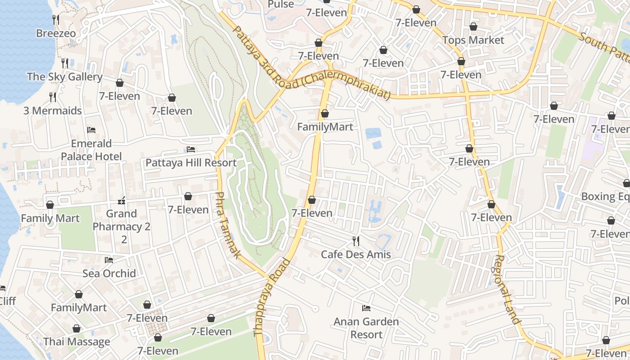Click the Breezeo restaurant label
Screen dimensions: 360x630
pyautogui.click(x=56, y=33)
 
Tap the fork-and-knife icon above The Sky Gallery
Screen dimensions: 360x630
pyautogui.click(x=65, y=63)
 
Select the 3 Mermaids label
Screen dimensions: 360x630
pyautogui.click(x=53, y=111)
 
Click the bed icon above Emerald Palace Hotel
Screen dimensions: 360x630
pyautogui.click(x=91, y=130)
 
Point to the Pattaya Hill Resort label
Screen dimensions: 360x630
pyautogui.click(x=191, y=163)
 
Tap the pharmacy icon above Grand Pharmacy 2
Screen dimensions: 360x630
pyautogui.click(x=121, y=200)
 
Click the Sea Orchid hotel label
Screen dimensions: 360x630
pyautogui.click(x=109, y=273)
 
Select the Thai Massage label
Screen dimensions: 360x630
pyautogui.click(x=76, y=342)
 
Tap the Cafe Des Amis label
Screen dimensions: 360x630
pyautogui.click(x=355, y=255)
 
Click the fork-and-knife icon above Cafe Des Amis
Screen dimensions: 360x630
pyautogui.click(x=356, y=241)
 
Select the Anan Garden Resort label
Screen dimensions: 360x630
pyautogui.click(x=366, y=328)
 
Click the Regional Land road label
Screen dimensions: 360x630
pyautogui.click(x=507, y=289)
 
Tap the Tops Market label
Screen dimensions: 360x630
pyautogui.click(x=473, y=40)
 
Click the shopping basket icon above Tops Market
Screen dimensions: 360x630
pyautogui.click(x=473, y=27)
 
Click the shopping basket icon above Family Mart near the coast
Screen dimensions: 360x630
pyautogui.click(x=50, y=205)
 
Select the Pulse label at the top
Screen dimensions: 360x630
pyautogui.click(x=281, y=4)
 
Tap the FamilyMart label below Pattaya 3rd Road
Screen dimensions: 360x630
pyautogui.click(x=325, y=127)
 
